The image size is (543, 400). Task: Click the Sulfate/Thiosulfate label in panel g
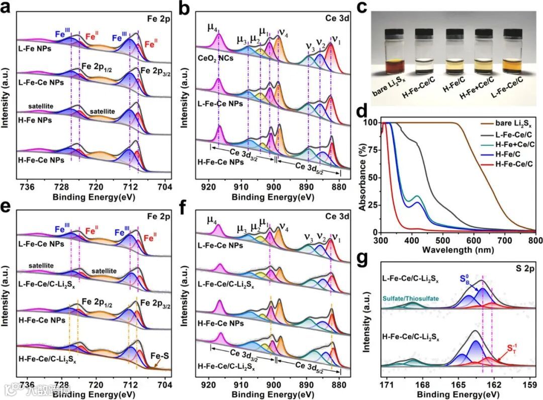(x=410, y=298)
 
